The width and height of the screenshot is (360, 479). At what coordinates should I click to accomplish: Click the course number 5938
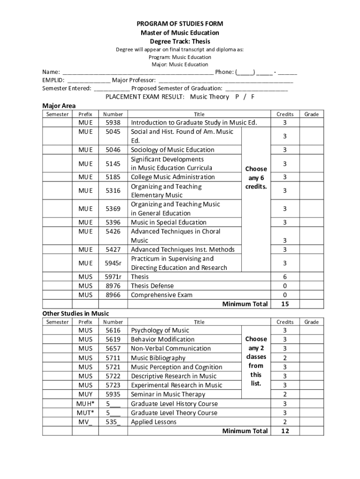click(x=113, y=123)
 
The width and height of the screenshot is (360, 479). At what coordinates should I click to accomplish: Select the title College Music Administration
click(x=173, y=177)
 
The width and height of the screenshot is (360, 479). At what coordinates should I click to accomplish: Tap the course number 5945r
click(x=113, y=263)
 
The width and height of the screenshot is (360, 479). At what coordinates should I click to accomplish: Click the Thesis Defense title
click(x=152, y=286)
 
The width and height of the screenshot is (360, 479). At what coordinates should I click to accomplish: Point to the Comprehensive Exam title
click(x=161, y=295)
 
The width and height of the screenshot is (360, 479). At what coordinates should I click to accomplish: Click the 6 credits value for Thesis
click(x=285, y=276)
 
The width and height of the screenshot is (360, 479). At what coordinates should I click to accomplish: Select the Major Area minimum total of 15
click(x=285, y=304)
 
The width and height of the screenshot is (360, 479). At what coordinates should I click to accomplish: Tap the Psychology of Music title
click(x=160, y=330)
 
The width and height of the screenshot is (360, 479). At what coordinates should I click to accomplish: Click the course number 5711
click(x=113, y=358)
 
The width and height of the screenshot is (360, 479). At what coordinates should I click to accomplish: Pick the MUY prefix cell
click(x=86, y=394)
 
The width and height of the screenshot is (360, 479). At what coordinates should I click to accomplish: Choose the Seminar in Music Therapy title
click(x=168, y=394)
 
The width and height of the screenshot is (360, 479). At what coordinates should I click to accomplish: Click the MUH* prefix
click(x=86, y=404)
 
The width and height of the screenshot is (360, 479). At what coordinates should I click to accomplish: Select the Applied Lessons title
click(x=154, y=422)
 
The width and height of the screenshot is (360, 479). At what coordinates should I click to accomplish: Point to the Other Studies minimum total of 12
click(x=285, y=431)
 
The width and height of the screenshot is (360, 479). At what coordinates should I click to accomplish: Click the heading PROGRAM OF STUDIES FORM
click(x=180, y=23)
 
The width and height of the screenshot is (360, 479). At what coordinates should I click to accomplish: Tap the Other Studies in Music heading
click(x=75, y=313)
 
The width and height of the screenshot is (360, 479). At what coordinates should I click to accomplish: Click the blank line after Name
click(x=138, y=73)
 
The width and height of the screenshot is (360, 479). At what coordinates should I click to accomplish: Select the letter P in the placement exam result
click(x=238, y=96)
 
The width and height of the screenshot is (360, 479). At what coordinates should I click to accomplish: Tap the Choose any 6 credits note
click(x=256, y=177)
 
